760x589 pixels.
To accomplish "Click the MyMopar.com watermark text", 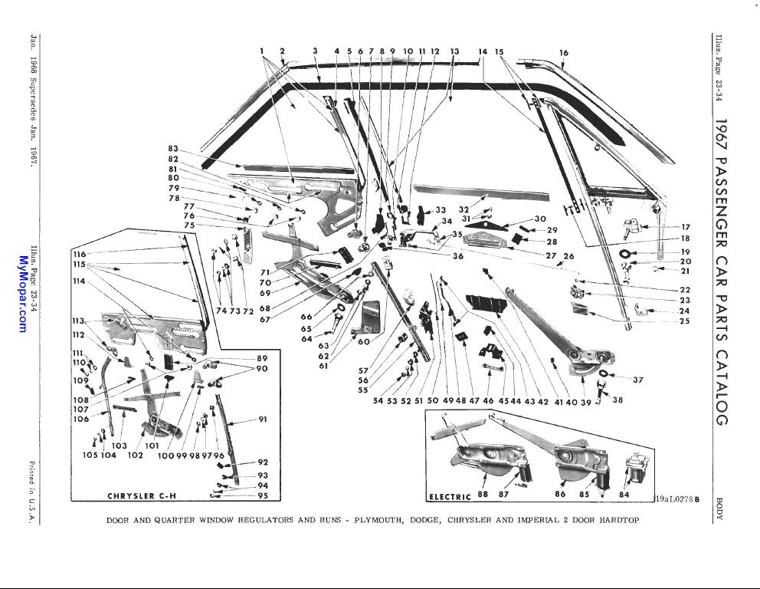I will (x=21, y=295).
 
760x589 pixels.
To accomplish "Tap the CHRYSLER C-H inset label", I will (x=142, y=495).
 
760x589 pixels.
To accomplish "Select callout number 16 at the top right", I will (x=564, y=53).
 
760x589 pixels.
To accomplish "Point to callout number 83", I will (x=173, y=149).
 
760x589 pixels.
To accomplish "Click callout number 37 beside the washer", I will (x=637, y=380).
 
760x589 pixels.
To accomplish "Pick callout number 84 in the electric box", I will (x=624, y=495).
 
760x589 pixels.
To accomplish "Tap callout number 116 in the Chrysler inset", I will (x=79, y=254).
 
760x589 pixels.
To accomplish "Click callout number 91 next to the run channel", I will (x=262, y=420).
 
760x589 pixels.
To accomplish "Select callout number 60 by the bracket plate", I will (x=363, y=342).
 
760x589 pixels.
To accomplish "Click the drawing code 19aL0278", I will (x=673, y=499).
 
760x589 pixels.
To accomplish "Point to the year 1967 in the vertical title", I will (x=721, y=136).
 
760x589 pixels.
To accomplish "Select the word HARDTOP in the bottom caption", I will (x=616, y=520).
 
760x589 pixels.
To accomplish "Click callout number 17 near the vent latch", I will (x=685, y=227).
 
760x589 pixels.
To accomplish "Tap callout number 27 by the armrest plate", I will (x=550, y=255).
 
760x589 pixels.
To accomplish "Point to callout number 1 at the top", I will (x=261, y=51).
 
